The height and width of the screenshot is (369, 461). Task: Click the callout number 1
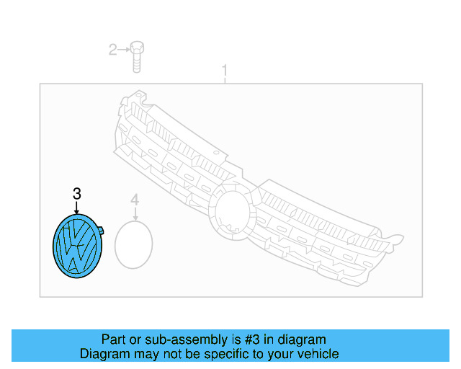(225, 71)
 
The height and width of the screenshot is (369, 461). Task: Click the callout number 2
(112, 50)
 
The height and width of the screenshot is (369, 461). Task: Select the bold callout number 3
(77, 193)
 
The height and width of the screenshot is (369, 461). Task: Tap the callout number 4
(134, 199)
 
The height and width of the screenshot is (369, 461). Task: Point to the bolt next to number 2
(137, 57)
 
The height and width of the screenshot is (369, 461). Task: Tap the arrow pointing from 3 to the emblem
(77, 207)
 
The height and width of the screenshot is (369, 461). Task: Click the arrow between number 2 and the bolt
(124, 50)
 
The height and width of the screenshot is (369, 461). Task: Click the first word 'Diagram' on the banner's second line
(104, 354)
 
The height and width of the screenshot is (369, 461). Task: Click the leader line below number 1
(225, 79)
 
